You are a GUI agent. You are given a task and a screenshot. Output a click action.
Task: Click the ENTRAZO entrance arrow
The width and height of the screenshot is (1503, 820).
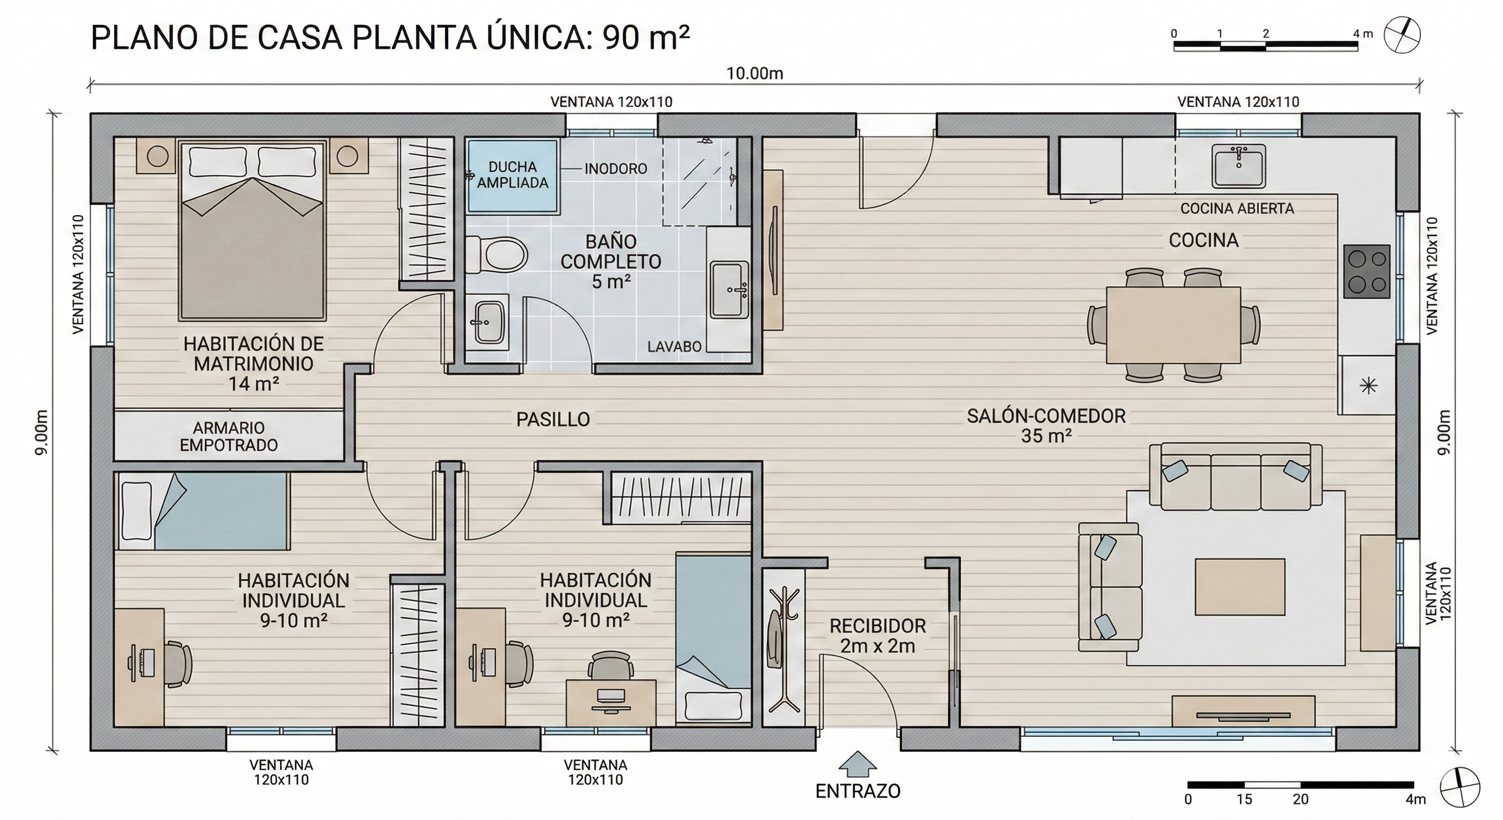pyautogui.click(x=857, y=763)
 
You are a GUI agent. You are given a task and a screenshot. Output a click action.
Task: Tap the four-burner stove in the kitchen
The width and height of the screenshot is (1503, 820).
pyautogui.click(x=1367, y=272)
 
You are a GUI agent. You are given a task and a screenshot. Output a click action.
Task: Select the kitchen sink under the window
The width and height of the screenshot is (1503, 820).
pyautogui.click(x=1239, y=167)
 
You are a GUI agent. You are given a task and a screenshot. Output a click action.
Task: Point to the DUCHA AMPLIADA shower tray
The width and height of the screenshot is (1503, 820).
pyautogui.click(x=512, y=175)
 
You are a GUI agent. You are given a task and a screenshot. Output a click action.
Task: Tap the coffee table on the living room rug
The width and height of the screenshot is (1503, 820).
pyautogui.click(x=1240, y=587)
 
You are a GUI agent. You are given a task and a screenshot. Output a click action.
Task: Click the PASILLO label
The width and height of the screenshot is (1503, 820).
pyautogui.click(x=553, y=419)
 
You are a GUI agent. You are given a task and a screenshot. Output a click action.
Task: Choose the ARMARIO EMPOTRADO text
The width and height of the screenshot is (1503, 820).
pyautogui.click(x=229, y=437)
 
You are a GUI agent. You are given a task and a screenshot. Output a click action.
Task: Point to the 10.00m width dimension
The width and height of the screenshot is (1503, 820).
pyautogui.click(x=754, y=74)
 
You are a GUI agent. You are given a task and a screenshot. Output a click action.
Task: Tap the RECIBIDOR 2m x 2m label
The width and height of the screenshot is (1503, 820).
pyautogui.click(x=877, y=636)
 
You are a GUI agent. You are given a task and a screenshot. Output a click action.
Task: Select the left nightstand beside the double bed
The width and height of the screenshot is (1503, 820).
pyautogui.click(x=156, y=155)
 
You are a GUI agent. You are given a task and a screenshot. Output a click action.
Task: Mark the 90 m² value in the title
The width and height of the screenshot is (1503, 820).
pyautogui.click(x=646, y=38)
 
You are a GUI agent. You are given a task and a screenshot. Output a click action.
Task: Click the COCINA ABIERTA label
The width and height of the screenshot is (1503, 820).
pyautogui.click(x=1237, y=208)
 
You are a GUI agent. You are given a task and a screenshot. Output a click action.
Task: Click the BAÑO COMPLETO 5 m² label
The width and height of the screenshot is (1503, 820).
pyautogui.click(x=611, y=262)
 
